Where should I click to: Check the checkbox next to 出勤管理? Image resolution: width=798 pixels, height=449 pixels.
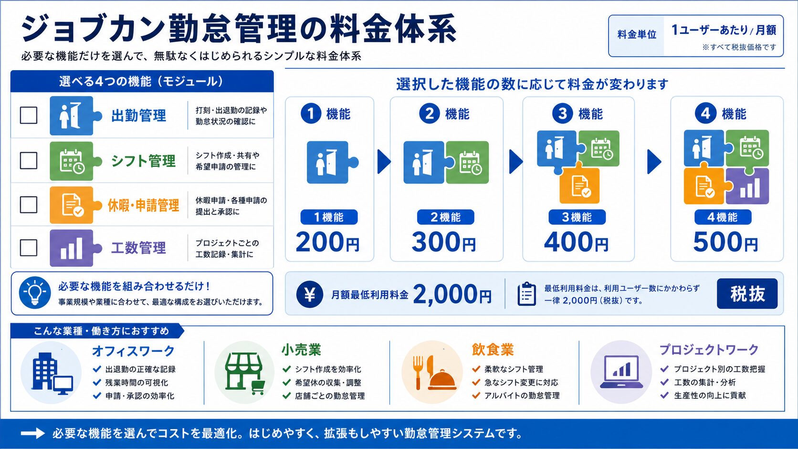pos(29,115)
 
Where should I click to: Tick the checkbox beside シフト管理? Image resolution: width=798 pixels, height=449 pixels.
pos(29,160)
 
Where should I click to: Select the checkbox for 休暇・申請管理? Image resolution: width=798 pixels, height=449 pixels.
pos(29,204)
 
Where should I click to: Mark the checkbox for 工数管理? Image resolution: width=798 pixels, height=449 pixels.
pos(29,248)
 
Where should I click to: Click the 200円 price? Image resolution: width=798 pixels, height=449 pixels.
pos(327,242)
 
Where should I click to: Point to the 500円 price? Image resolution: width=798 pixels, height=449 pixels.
pos(725,242)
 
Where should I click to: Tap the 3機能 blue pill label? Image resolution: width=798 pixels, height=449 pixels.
pos(577,217)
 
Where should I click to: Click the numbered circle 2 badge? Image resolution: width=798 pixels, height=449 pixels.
pos(429,114)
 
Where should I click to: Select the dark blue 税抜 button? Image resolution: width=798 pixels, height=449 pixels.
pos(747,294)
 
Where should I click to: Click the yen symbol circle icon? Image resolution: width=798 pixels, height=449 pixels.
pos(310,294)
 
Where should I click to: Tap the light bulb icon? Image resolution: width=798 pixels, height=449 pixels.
pos(34,292)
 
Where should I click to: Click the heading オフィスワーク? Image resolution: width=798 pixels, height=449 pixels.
pos(133,351)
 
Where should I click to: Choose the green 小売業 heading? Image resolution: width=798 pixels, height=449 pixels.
pos(301,350)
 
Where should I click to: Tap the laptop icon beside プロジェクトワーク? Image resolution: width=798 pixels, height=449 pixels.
pos(622,372)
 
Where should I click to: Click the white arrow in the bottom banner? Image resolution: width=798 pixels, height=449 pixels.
pos(33,433)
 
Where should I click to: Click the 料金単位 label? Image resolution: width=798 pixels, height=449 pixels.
pos(637,34)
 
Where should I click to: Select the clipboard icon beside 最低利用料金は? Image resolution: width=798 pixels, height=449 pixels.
pos(526,294)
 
